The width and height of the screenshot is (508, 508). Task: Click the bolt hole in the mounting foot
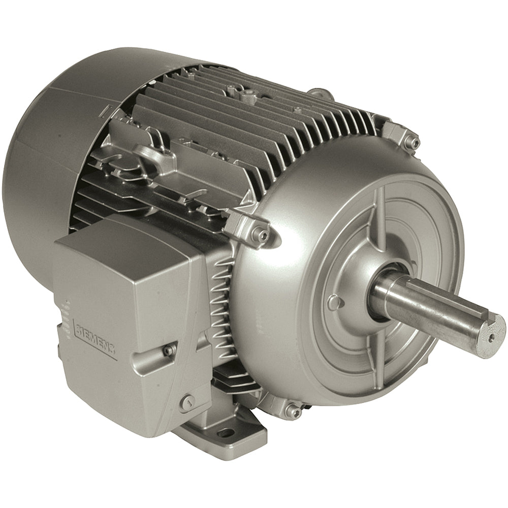[229, 432]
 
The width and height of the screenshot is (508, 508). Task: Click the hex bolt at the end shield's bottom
[289, 410]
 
